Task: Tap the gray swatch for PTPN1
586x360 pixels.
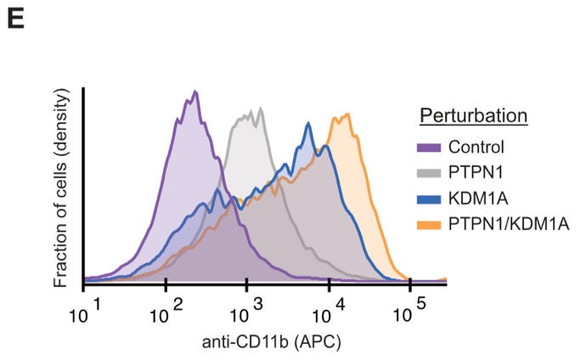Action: [x=434, y=172]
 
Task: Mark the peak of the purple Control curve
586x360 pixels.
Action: [x=194, y=91]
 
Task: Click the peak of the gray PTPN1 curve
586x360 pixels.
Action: [x=260, y=109]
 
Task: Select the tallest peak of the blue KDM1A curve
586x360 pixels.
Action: [x=307, y=122]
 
